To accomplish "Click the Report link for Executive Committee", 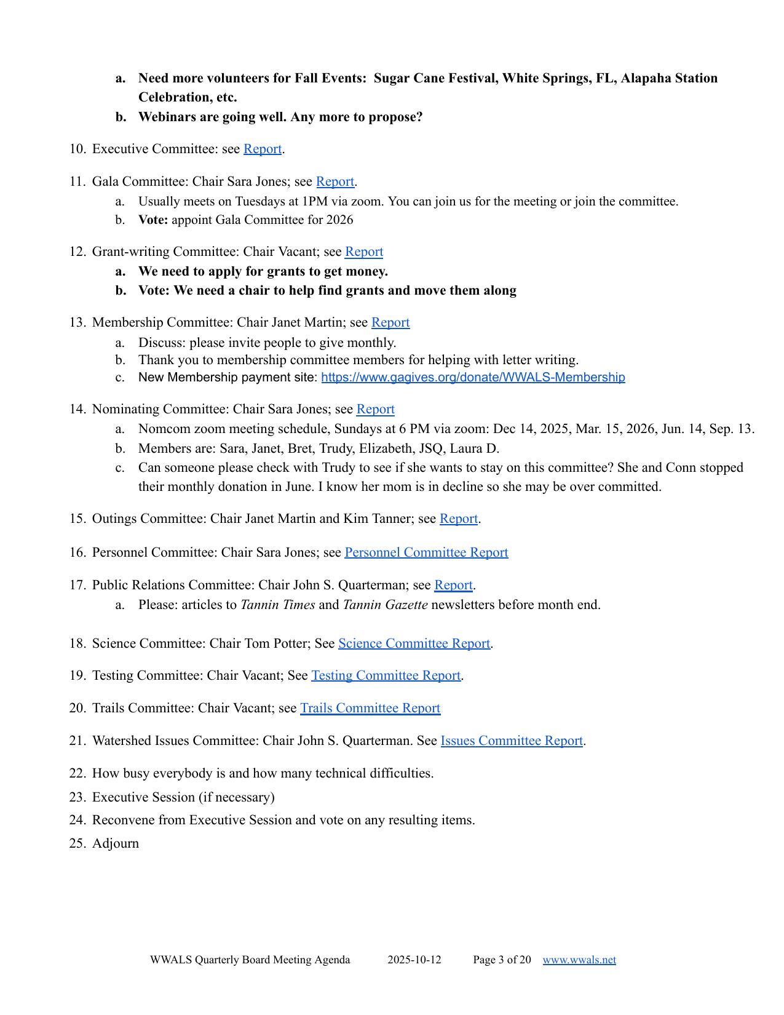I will click(x=263, y=149).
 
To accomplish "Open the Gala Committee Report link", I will click(x=335, y=181).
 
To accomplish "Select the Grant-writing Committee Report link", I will click(x=364, y=252).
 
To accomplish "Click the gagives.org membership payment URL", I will click(x=473, y=377).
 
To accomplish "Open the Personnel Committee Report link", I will click(x=426, y=552).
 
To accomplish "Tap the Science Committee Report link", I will click(x=414, y=643).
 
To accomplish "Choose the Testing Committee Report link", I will click(x=386, y=675).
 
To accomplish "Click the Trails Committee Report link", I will click(x=370, y=708).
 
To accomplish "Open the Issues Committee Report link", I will click(x=512, y=741).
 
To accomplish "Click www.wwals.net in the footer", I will click(x=579, y=960).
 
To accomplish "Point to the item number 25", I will click(x=77, y=843).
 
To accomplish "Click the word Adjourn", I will click(x=116, y=843).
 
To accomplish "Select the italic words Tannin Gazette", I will click(x=385, y=605).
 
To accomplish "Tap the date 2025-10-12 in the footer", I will click(x=414, y=960).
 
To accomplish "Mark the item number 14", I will click(x=77, y=409).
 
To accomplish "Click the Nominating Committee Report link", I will click(x=375, y=409).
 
